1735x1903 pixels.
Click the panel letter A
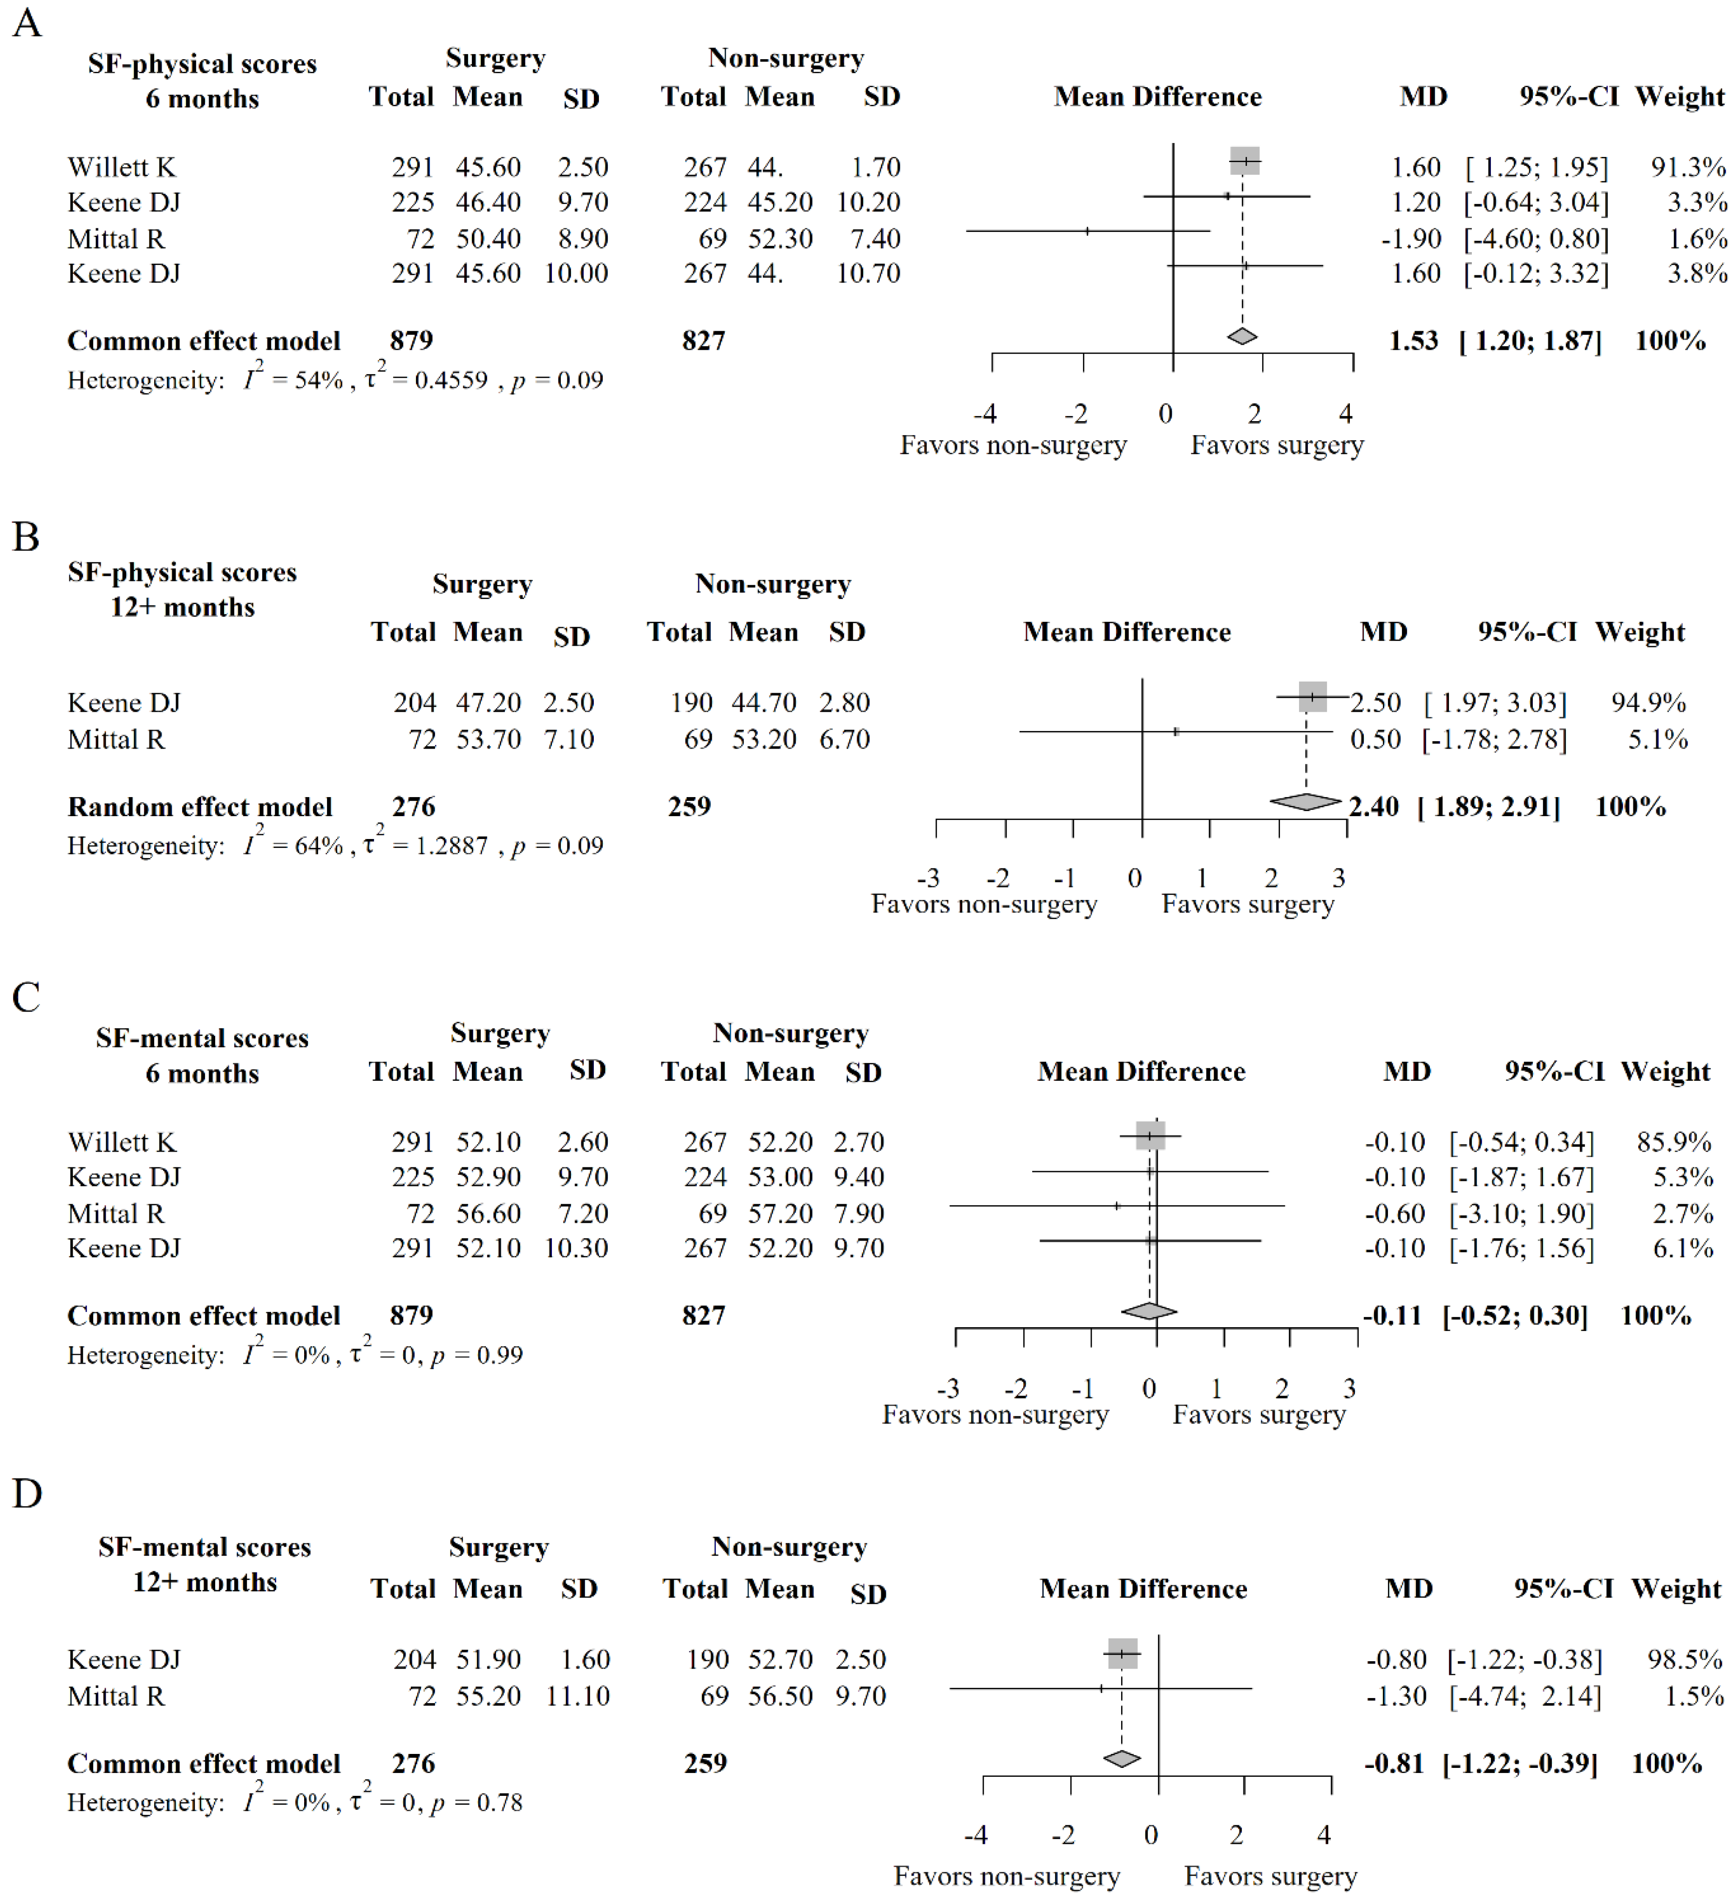tap(27, 23)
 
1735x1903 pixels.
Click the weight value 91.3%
tap(1688, 167)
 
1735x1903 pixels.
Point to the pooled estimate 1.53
tap(1413, 341)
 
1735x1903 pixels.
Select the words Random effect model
tap(200, 807)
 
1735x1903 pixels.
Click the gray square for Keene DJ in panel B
tap(1312, 696)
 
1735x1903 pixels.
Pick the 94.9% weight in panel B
tap(1648, 703)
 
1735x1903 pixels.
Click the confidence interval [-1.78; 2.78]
tap(1494, 739)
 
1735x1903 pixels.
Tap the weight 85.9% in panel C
tap(1674, 1142)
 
